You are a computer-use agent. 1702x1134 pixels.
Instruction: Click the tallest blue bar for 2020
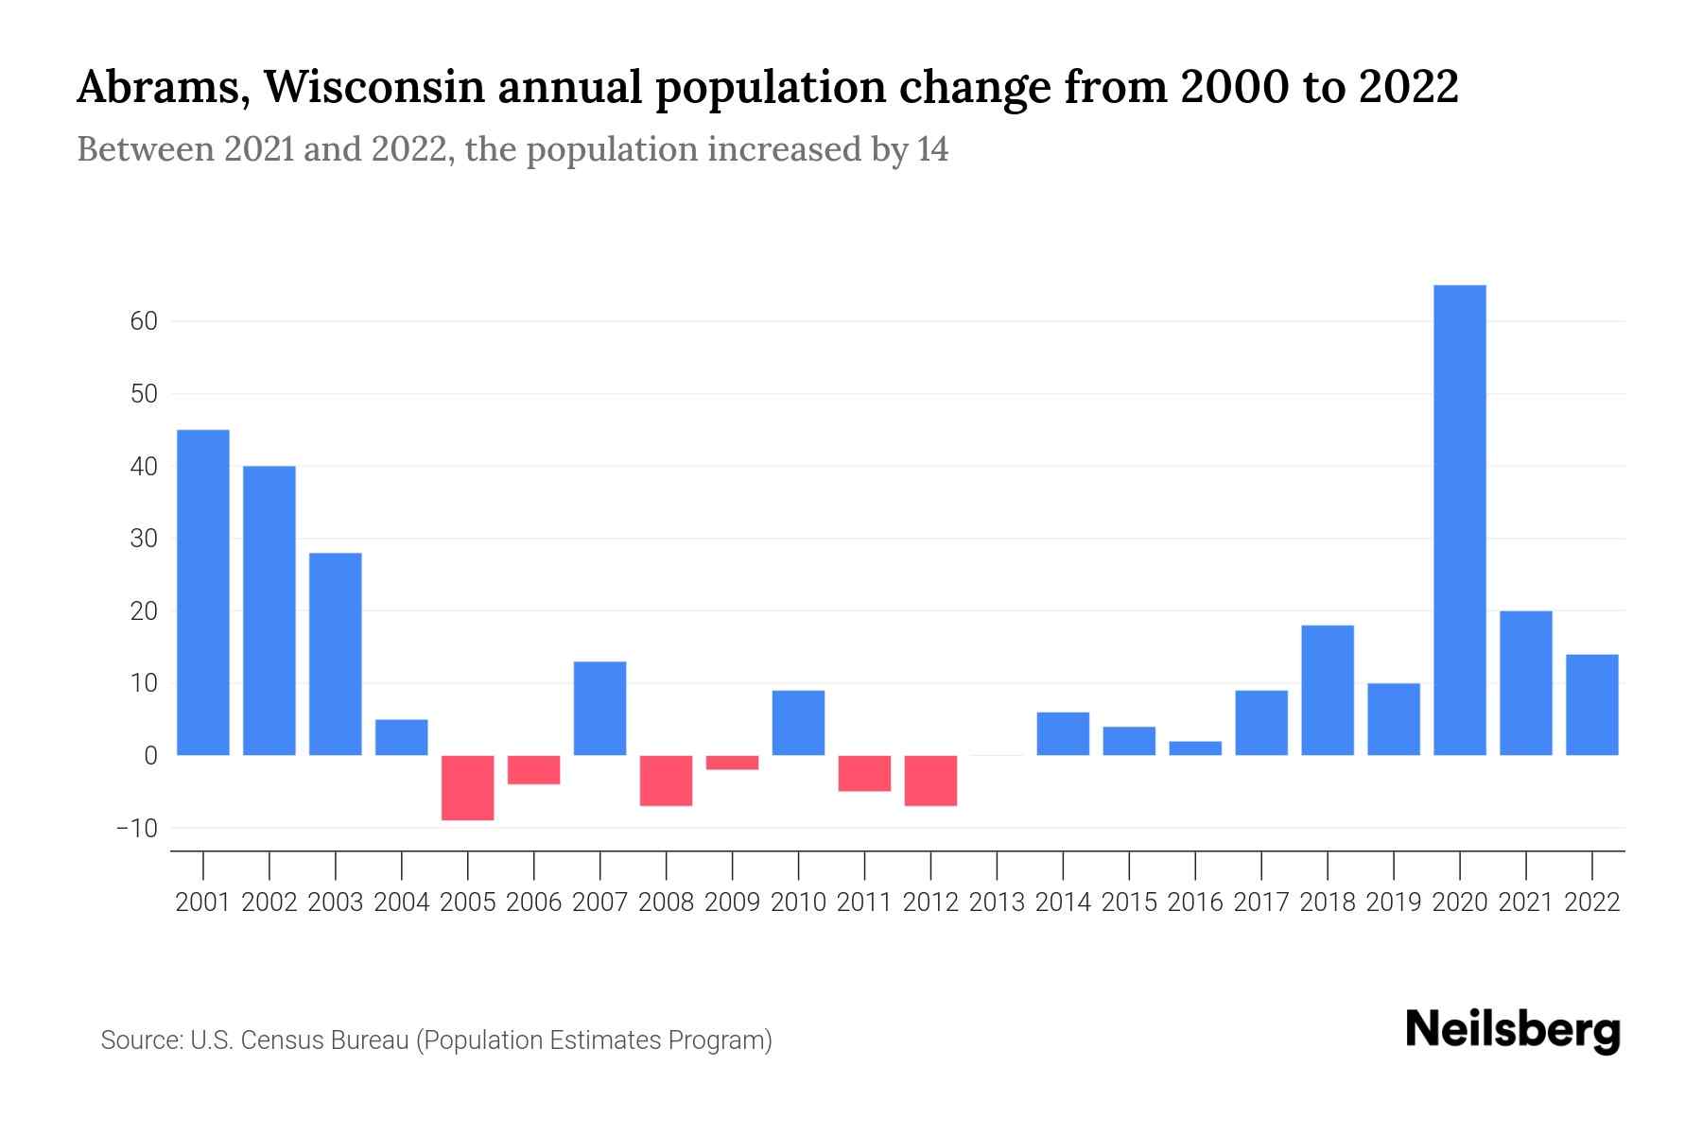point(1459,520)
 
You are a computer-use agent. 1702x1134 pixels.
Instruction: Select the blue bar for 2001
point(203,593)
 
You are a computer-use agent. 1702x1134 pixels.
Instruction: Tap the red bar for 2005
point(467,787)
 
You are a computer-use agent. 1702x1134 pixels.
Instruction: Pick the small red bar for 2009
point(732,763)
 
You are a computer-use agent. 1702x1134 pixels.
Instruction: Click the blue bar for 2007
point(599,708)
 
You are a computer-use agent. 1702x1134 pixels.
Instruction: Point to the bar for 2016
point(1195,748)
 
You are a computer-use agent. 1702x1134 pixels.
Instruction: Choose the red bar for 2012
point(930,781)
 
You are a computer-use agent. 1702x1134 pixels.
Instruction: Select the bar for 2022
point(1591,705)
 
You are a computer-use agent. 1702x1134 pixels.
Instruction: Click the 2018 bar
point(1328,690)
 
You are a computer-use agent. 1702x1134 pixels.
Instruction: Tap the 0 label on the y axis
point(150,756)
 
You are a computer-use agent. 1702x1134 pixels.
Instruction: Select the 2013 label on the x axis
point(997,902)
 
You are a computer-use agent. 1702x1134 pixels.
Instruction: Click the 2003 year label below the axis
point(336,902)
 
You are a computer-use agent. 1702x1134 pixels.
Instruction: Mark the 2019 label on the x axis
point(1394,902)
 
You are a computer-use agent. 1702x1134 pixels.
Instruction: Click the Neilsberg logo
point(1512,1031)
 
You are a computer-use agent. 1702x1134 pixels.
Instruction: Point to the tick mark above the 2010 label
point(798,864)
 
